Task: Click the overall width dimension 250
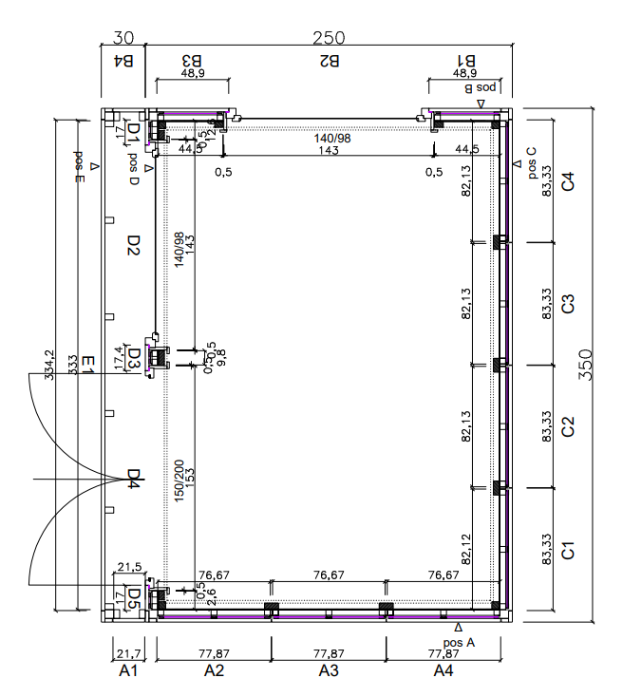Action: [x=328, y=38]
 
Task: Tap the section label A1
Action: [x=128, y=671]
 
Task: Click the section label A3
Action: [x=329, y=671]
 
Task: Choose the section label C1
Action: [x=568, y=549]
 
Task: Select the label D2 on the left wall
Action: [x=134, y=246]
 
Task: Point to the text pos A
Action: [x=457, y=642]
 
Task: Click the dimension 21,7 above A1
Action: [x=128, y=653]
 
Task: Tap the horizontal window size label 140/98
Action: [x=332, y=139]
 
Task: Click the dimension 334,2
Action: [x=49, y=364]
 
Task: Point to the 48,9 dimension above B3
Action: [x=193, y=73]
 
